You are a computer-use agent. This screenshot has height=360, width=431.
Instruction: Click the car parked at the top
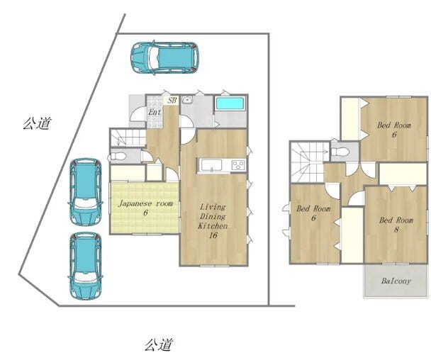click(164, 57)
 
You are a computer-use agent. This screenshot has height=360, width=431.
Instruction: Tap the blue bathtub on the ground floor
click(230, 103)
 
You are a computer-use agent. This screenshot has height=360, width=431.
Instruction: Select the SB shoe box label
click(172, 100)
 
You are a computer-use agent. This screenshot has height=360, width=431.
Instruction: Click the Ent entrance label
click(155, 112)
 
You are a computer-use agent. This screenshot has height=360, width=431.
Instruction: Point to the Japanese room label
click(146, 208)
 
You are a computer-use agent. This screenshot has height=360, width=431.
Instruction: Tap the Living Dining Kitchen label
click(213, 220)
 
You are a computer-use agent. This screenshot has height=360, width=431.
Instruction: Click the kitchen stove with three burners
click(238, 165)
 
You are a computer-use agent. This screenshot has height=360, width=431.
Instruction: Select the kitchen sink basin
click(211, 165)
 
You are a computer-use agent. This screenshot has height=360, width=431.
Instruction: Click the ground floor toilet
click(117, 157)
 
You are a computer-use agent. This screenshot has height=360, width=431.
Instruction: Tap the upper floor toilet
click(340, 152)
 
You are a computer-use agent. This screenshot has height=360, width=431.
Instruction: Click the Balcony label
click(396, 281)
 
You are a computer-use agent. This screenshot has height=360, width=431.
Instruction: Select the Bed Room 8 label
click(396, 225)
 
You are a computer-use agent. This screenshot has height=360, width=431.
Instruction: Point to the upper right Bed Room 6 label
click(394, 130)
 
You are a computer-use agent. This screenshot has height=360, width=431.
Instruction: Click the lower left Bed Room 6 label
click(313, 213)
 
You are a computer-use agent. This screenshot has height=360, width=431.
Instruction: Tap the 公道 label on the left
click(37, 123)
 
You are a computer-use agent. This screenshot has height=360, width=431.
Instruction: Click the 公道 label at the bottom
click(159, 344)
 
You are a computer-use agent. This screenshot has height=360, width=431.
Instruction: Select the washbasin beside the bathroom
click(188, 100)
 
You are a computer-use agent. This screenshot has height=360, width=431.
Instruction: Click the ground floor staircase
click(128, 137)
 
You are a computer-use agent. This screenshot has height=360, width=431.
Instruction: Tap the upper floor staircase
click(310, 162)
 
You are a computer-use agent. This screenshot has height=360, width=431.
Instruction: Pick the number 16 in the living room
click(213, 235)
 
